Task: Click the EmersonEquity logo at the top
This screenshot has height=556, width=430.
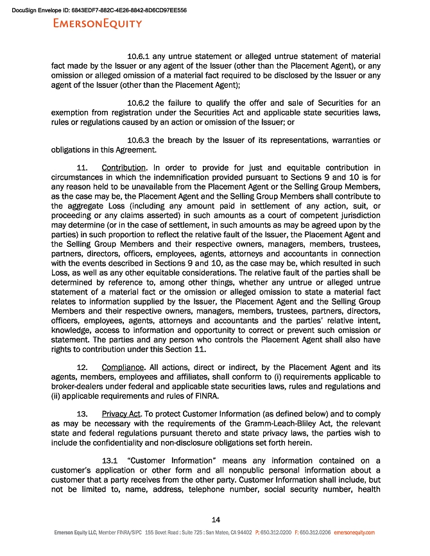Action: click(98, 24)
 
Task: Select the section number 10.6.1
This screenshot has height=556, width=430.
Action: click(141, 56)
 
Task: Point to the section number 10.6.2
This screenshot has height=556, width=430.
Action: click(141, 103)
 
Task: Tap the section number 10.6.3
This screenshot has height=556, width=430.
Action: click(141, 140)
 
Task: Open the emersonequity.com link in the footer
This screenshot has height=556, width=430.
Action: click(354, 532)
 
